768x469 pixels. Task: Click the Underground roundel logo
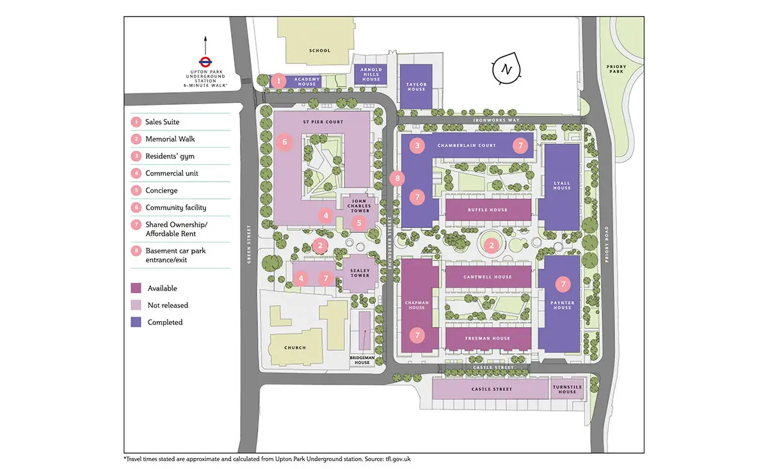coord(205,62)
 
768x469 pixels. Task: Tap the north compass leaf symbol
coord(506,68)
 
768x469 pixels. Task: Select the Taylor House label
coord(416,87)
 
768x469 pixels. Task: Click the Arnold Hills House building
coord(371,74)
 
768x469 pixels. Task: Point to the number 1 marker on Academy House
coord(278,81)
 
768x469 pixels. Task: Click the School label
coord(319,51)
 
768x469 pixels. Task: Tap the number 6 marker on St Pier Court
coord(284,142)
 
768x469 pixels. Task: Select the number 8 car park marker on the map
coord(397,179)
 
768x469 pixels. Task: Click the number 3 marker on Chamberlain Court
coord(417,145)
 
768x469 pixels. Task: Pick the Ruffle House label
coord(488,210)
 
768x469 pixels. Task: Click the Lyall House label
coord(562,186)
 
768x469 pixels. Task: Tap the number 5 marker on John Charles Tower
coord(359,223)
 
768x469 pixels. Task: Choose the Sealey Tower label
coord(360,273)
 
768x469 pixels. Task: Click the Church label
coord(295,347)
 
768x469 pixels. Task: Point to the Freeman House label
coord(488,338)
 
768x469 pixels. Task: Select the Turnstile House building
coord(567,389)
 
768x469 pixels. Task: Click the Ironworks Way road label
coord(496,120)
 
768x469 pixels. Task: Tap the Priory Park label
coord(616,69)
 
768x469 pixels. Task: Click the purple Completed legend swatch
coord(136,322)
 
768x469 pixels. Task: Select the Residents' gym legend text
coord(170,156)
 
